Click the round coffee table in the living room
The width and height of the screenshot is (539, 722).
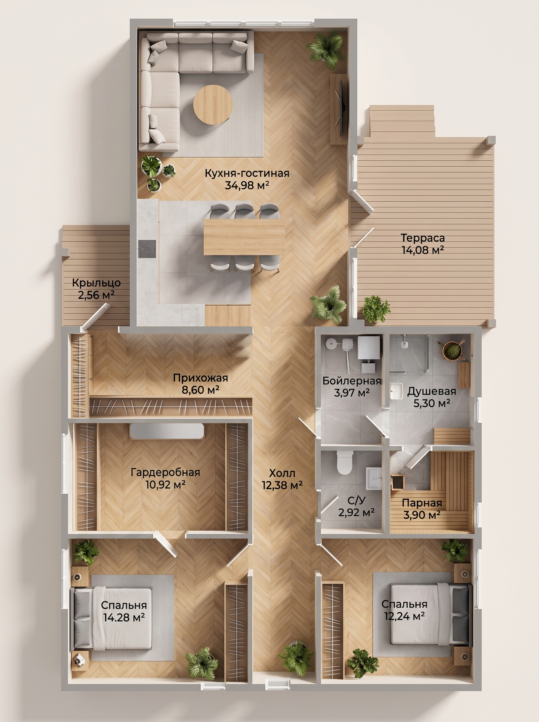pyautogui.click(x=213, y=104)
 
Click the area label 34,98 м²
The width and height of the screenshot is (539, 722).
pyautogui.click(x=247, y=185)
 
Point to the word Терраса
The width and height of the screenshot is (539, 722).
pyautogui.click(x=423, y=238)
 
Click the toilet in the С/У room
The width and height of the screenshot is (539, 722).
pyautogui.click(x=344, y=462)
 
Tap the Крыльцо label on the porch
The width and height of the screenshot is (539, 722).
pyautogui.click(x=96, y=282)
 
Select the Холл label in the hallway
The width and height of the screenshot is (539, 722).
pyautogui.click(x=282, y=473)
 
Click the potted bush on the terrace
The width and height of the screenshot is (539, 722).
pyautogui.click(x=376, y=308)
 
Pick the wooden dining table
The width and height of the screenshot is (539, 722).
pyautogui.click(x=244, y=237)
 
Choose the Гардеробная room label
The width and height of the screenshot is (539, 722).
pyautogui.click(x=165, y=472)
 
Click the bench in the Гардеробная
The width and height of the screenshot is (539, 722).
pyautogui.click(x=167, y=431)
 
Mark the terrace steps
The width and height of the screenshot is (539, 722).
pyautogui.click(x=402, y=121)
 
